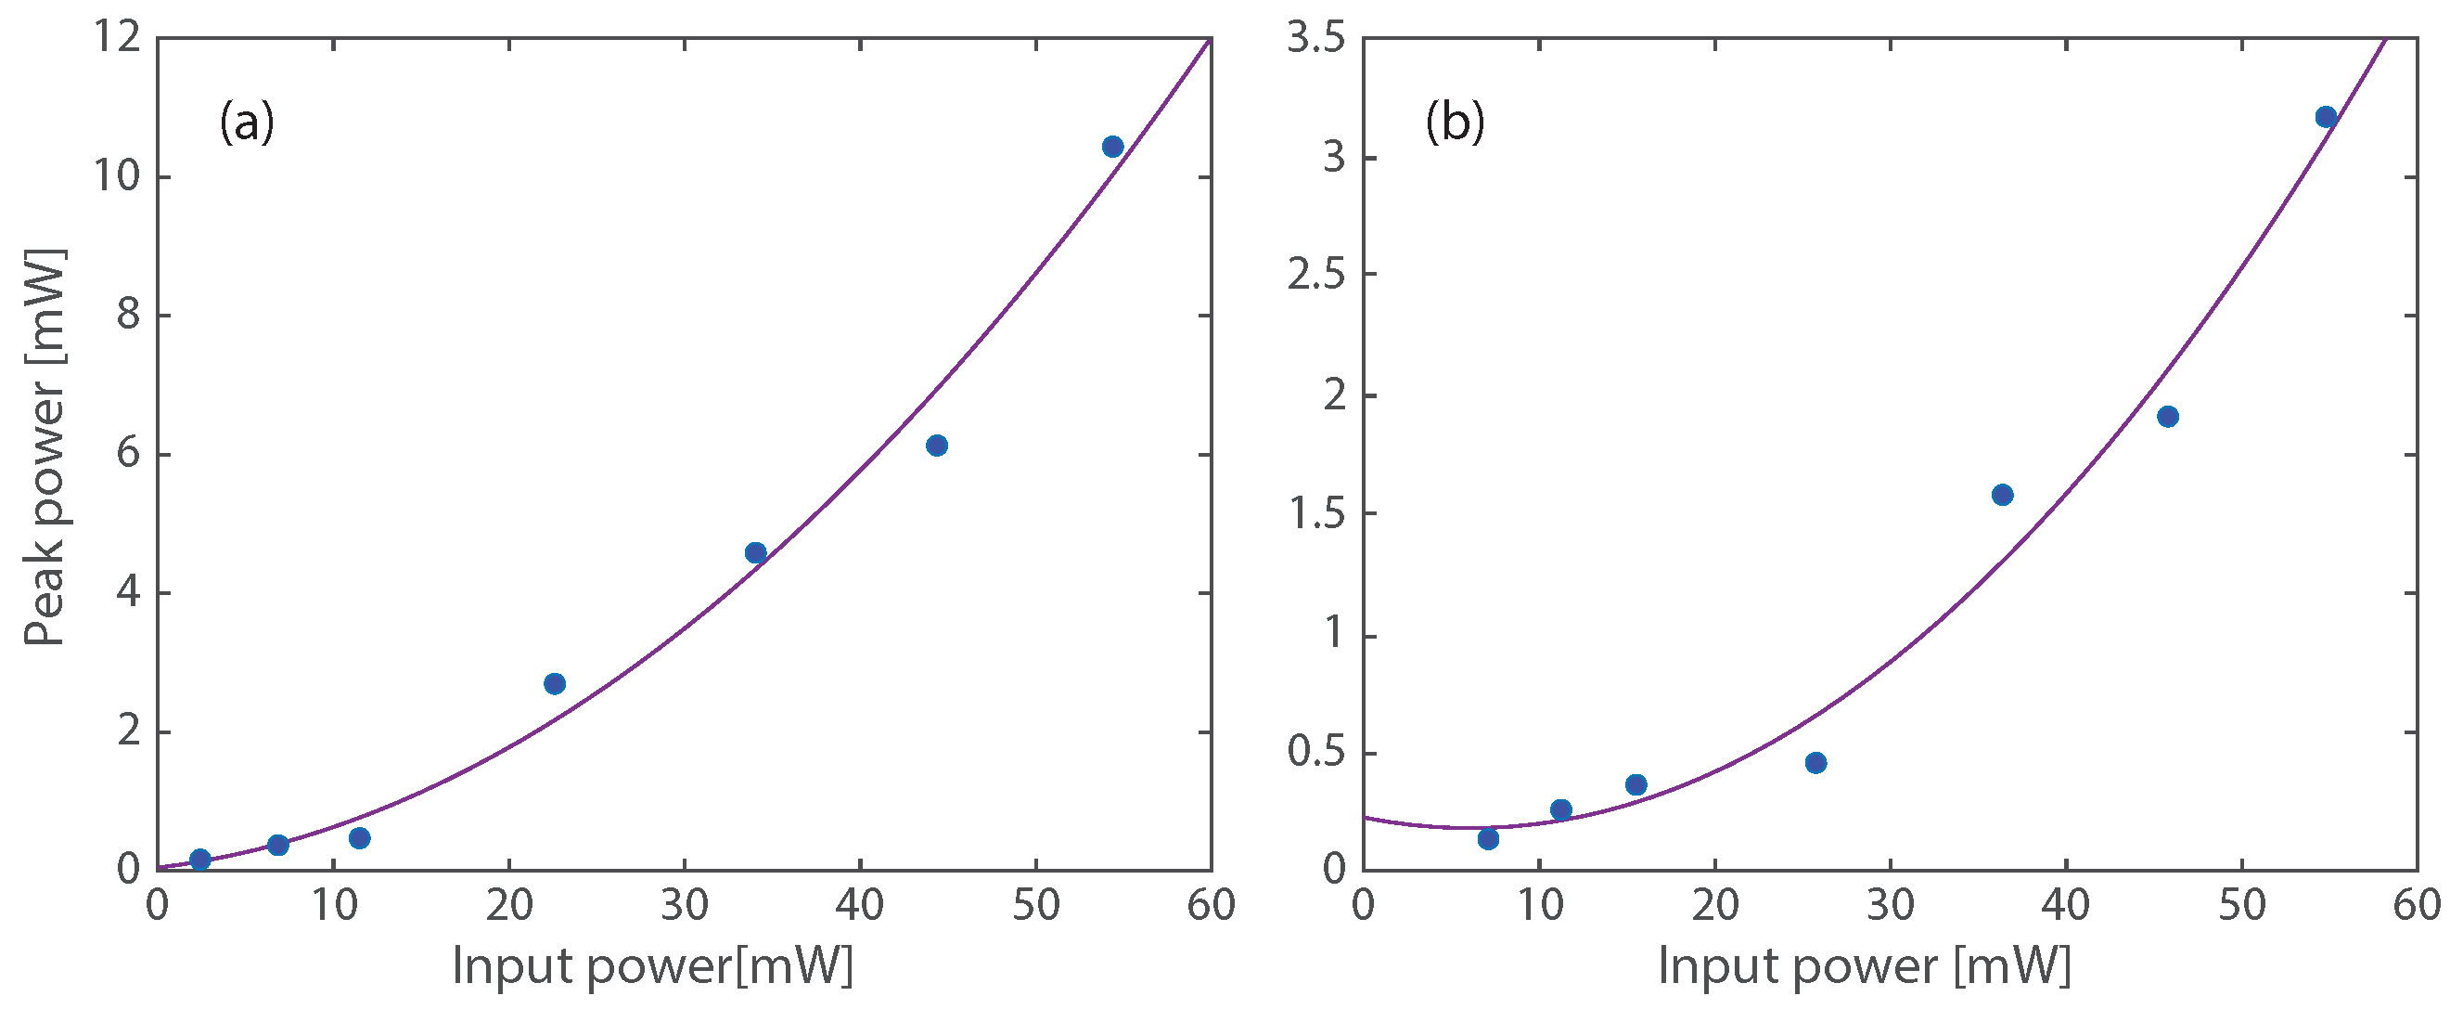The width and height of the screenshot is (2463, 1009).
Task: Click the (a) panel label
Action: coord(247,123)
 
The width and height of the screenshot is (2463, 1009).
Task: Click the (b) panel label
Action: coord(1455,123)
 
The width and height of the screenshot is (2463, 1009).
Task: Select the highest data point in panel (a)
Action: coord(1112,147)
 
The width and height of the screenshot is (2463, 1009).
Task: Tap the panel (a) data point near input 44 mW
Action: coord(937,445)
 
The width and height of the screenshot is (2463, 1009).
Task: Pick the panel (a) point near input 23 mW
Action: coord(555,683)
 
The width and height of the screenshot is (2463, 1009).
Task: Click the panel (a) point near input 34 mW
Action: coord(755,552)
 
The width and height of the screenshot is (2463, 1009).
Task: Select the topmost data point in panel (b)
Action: coord(2327,117)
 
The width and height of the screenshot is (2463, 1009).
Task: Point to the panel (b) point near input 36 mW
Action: coord(2002,495)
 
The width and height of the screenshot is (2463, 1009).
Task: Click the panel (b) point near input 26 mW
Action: coord(1815,762)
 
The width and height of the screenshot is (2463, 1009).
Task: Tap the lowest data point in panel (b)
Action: coord(1488,839)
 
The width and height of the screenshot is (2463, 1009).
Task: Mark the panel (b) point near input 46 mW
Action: coord(2169,416)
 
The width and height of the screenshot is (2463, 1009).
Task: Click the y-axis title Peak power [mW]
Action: coord(44,447)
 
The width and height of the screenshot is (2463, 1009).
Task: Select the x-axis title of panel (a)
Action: coord(652,965)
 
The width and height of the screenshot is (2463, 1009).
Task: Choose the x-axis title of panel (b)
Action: coord(1864,965)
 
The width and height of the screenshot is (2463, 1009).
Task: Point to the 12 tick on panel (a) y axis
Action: coord(117,40)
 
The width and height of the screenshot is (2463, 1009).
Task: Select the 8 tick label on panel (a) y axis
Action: coord(128,316)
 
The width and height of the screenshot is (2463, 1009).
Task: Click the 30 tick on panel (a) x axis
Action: coord(684,906)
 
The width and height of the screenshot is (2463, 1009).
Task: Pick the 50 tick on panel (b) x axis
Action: coord(2242,906)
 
